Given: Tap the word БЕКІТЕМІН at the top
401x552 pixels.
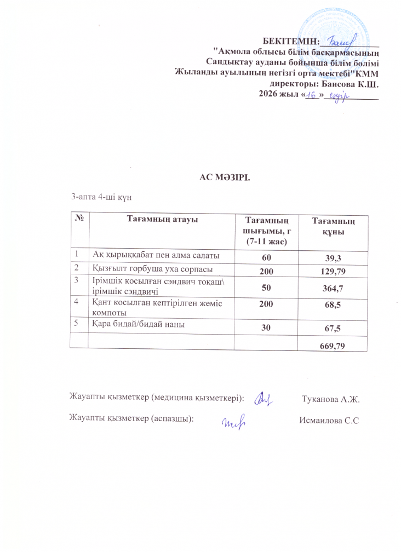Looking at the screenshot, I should coord(290,42).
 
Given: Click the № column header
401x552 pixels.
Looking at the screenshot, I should coord(80,220).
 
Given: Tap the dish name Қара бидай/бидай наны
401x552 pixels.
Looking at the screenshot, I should coord(137,325).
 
